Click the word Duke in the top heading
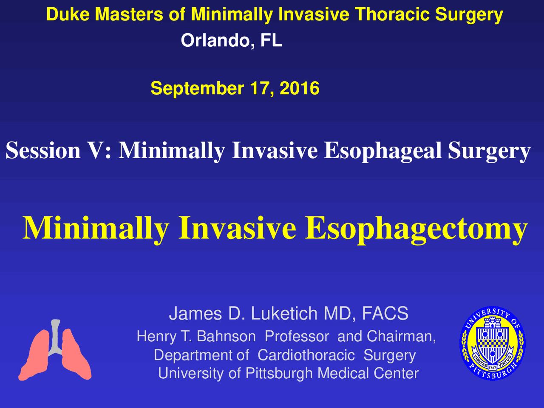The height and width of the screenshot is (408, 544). [x=68, y=14]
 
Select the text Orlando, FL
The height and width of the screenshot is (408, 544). [x=231, y=40]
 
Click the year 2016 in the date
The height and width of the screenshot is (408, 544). [x=299, y=88]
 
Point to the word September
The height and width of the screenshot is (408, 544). [x=197, y=89]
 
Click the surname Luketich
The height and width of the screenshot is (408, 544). [x=284, y=313]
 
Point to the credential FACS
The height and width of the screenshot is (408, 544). [x=385, y=313]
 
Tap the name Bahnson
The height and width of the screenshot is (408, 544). [x=226, y=336]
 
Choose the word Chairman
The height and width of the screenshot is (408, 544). [x=401, y=337]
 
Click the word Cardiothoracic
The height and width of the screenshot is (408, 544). [x=306, y=355]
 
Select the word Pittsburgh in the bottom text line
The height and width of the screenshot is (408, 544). [x=279, y=374]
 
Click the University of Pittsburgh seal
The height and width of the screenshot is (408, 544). [x=493, y=343]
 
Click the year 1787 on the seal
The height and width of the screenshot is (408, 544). [x=493, y=368]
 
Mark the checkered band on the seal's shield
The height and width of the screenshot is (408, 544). [x=493, y=344]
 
